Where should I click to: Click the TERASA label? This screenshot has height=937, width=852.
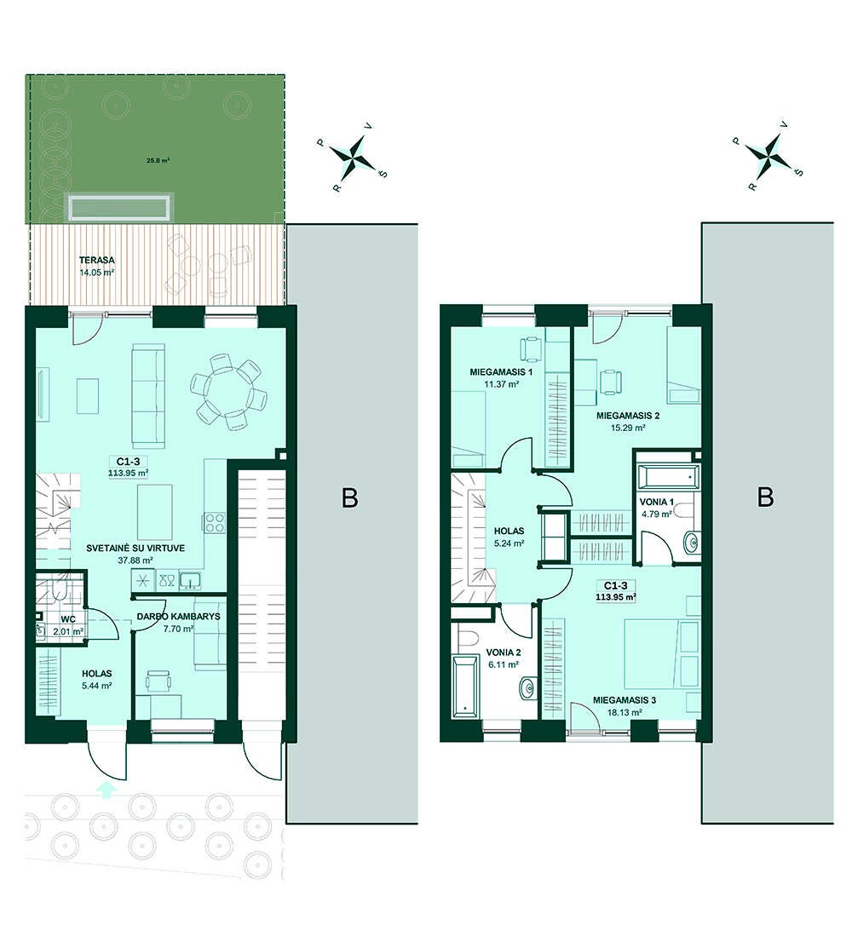[x=97, y=260]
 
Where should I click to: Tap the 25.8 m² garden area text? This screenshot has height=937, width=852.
[x=158, y=160]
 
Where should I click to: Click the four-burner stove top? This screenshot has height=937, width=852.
[x=215, y=523]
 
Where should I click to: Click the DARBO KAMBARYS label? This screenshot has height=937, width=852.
[x=178, y=616]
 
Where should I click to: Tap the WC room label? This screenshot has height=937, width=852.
[x=67, y=619]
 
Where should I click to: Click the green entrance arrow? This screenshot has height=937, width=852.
[x=106, y=790]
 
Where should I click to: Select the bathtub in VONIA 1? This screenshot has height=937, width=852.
[x=667, y=476]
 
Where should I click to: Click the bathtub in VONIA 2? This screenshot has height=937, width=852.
[x=466, y=687]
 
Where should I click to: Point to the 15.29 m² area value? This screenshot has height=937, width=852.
[x=627, y=428]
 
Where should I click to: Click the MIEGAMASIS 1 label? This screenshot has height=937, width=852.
[x=501, y=371]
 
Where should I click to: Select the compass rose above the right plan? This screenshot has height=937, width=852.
[x=769, y=155]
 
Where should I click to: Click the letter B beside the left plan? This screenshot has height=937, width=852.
[x=350, y=497]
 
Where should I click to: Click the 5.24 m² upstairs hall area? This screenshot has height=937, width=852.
[x=509, y=543]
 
